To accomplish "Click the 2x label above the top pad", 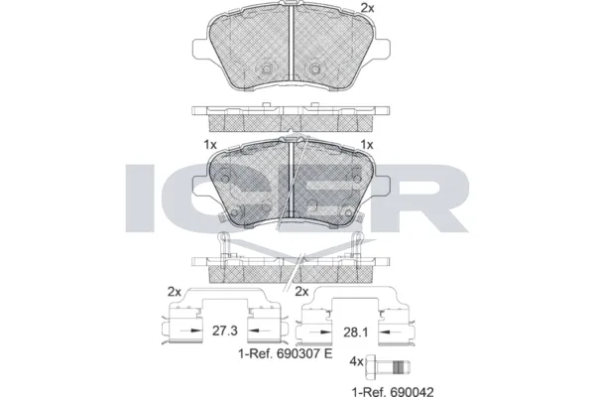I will click(x=367, y=8).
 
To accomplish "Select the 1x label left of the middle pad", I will click(x=210, y=144).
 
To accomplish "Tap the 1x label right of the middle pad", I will click(x=367, y=144).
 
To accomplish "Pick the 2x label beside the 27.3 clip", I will click(x=175, y=292).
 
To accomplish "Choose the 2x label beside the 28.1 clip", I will click(x=301, y=292).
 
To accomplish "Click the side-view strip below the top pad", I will click(x=288, y=117).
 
